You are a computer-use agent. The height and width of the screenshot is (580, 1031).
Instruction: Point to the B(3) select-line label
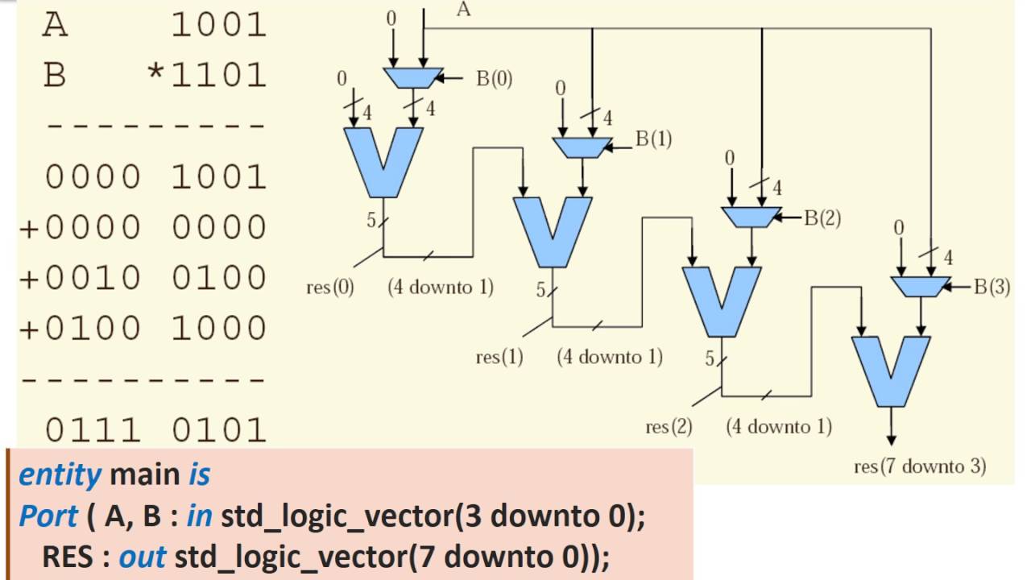point(992,287)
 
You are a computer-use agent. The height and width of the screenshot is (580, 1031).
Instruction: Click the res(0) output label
point(330,286)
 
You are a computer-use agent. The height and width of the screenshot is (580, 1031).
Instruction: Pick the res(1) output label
point(499,357)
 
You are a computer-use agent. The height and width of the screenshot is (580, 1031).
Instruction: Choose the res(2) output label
point(669,427)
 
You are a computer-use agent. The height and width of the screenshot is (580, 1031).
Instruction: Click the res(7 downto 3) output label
point(920,466)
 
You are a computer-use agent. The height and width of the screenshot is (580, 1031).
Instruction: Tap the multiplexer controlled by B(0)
point(412,77)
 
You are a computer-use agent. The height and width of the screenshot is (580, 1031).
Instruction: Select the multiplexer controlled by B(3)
point(921,287)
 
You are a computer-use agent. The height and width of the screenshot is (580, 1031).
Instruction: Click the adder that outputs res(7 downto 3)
point(891,371)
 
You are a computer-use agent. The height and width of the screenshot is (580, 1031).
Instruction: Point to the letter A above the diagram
point(463,10)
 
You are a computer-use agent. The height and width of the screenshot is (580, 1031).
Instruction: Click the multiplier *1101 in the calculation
point(206,76)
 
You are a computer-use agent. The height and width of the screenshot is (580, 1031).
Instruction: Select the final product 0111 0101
point(155,429)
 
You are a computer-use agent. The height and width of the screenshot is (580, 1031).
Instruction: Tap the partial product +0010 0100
point(143,277)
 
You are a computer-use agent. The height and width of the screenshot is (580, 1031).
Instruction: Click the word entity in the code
point(60,475)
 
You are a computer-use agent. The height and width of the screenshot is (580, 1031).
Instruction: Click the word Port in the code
point(48,516)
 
